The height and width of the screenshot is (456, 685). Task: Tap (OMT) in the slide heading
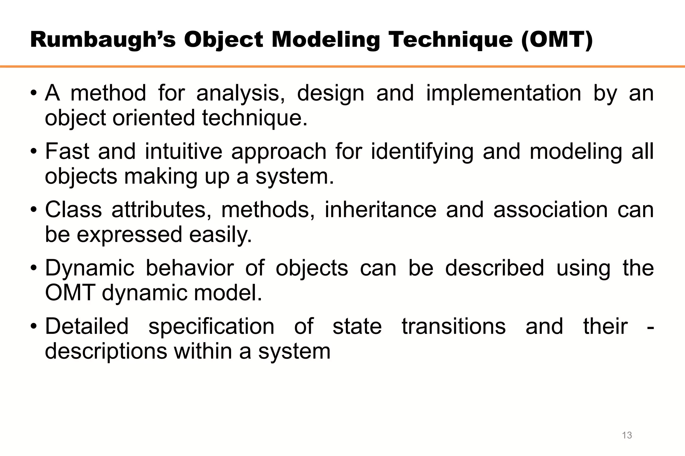(x=557, y=40)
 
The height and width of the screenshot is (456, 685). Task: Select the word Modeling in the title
(x=325, y=40)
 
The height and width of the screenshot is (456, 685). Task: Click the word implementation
(x=503, y=93)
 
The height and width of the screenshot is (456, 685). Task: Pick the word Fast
(x=67, y=151)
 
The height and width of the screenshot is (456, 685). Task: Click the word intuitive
(x=183, y=151)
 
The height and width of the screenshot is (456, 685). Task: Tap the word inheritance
(x=381, y=210)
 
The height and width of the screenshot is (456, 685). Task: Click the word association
(x=550, y=210)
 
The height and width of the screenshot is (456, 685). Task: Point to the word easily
(x=220, y=235)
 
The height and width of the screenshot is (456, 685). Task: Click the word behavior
(x=190, y=268)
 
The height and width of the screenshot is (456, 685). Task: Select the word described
(x=494, y=268)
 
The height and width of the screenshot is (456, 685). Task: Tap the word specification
(x=211, y=327)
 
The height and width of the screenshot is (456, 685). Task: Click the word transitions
(x=454, y=326)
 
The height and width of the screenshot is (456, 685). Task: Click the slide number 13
(x=627, y=435)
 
